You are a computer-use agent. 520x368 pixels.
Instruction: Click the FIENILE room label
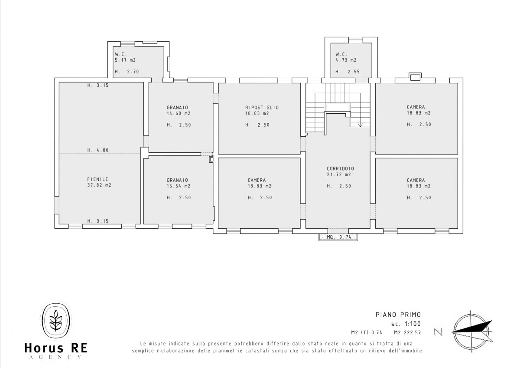98,179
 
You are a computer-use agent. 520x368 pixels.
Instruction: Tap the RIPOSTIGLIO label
262,107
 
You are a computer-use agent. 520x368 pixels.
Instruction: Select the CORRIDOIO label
341,168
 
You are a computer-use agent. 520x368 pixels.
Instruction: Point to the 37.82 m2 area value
99,185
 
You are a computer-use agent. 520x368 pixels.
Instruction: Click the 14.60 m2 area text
179,113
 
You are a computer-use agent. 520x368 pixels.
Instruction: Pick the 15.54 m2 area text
179,186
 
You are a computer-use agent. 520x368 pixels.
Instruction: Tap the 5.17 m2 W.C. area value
125,60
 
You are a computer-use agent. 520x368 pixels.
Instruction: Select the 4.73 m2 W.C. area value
346,60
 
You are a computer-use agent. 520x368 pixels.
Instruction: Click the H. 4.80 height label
98,150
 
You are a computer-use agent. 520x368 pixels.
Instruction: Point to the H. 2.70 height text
127,72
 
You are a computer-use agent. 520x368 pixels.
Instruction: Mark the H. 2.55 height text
348,72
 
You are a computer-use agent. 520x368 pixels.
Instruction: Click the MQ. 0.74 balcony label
339,237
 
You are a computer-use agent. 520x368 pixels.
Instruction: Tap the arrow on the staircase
360,125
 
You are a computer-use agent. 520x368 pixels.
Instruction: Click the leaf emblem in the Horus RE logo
56,320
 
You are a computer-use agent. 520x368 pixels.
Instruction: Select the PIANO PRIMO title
398,315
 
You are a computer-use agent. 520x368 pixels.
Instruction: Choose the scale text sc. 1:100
406,324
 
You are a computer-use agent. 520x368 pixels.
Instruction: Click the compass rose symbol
472,332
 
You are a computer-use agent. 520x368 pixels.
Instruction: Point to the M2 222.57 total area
407,332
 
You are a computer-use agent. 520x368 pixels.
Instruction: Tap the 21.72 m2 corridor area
339,174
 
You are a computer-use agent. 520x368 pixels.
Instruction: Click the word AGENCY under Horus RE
56,357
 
